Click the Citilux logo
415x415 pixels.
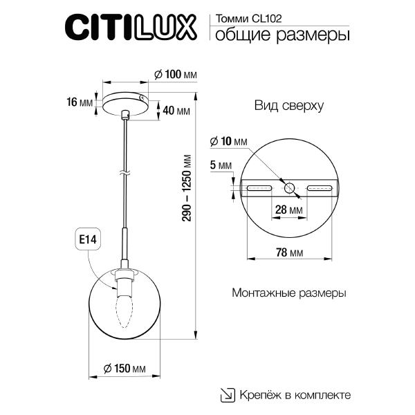pyautogui.click(x=131, y=29)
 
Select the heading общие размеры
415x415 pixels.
pyautogui.click(x=278, y=35)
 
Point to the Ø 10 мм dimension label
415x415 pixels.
pyautogui.click(x=228, y=141)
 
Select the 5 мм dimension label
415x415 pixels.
pyautogui.click(x=221, y=165)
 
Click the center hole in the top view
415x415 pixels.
pyautogui.click(x=289, y=187)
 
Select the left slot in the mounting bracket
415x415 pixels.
pyautogui.click(x=259, y=187)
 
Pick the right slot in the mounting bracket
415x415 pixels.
pyautogui.click(x=320, y=187)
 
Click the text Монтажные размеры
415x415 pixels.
pyautogui.click(x=289, y=293)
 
